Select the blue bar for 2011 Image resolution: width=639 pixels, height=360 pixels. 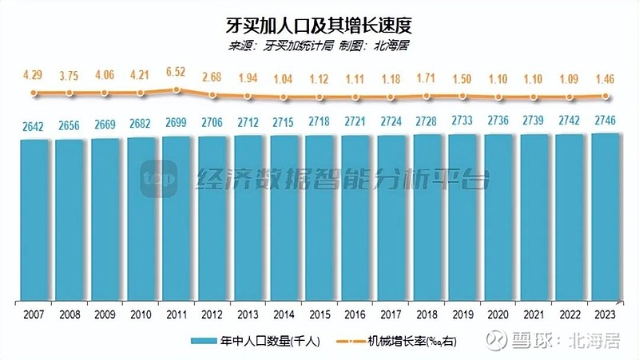[177, 220]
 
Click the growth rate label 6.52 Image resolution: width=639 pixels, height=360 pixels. [177, 72]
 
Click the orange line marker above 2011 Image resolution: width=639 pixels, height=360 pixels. [177, 89]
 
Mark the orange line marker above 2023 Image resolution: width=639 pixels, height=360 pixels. [605, 96]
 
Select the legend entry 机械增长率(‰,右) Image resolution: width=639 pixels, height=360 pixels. [415, 341]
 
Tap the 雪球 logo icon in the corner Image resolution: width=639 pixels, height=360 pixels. [498, 341]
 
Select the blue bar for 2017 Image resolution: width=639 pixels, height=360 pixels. [391, 220]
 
